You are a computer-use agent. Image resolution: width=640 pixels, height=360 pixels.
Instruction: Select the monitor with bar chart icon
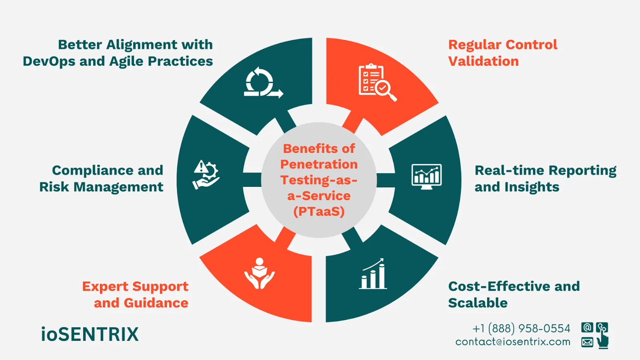point(426,176)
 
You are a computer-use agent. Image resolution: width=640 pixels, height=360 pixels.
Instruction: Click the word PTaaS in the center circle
point(319,211)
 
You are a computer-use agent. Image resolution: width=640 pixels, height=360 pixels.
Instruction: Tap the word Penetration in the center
point(319,164)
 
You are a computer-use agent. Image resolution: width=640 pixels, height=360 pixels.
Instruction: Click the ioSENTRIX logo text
point(90,334)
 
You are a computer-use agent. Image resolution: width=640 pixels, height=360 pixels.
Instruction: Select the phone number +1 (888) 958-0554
point(521,328)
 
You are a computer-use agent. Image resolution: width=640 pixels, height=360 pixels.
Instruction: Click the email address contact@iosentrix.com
point(513,342)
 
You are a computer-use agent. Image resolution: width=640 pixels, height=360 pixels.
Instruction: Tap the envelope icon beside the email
point(587,342)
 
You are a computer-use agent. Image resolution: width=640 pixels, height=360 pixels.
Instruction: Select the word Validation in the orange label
point(483,61)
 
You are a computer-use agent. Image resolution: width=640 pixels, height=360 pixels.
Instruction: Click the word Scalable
point(478,303)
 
